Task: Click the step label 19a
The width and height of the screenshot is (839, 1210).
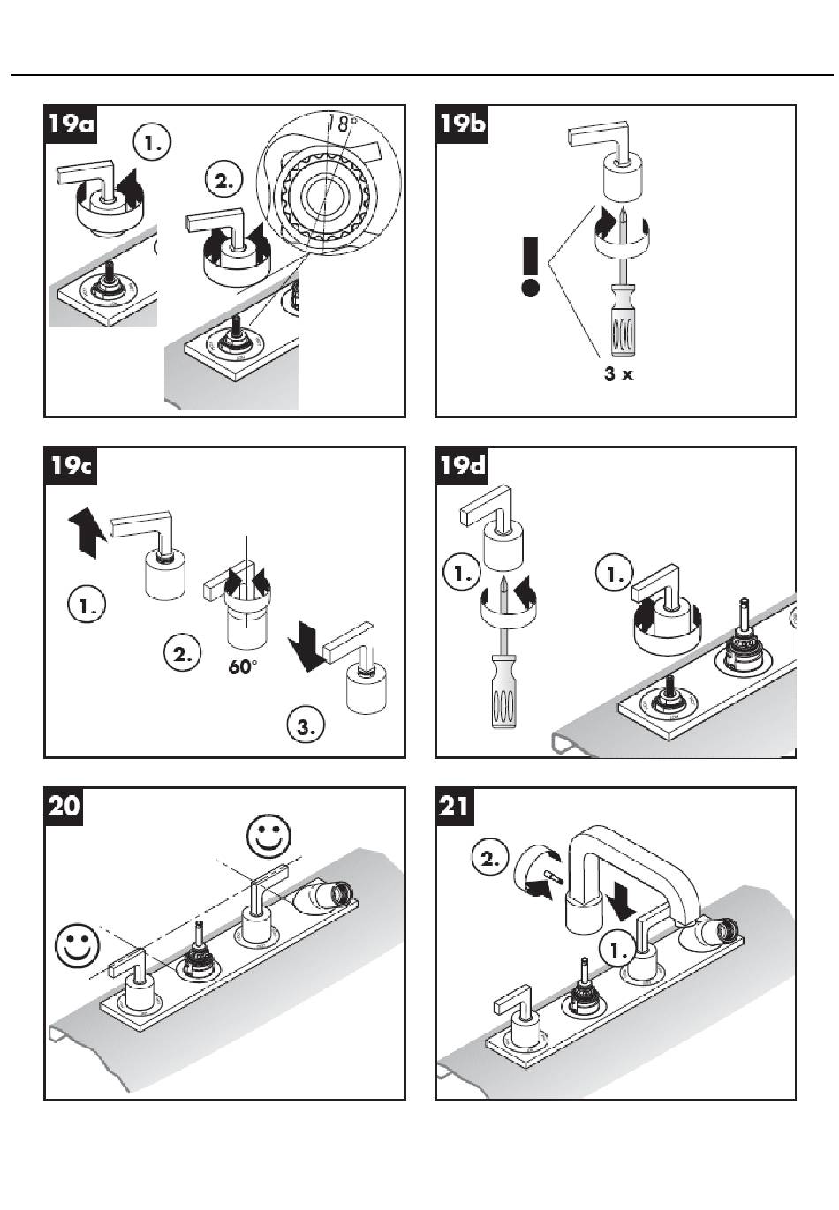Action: [71, 124]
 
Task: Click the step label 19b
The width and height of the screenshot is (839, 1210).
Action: [462, 124]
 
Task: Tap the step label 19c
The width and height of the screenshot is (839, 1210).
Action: [71, 466]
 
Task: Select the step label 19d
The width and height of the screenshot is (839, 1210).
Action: [462, 466]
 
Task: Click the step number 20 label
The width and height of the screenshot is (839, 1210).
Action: [64, 807]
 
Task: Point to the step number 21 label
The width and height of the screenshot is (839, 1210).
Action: [455, 807]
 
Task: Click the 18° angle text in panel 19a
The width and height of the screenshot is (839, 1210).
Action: [342, 124]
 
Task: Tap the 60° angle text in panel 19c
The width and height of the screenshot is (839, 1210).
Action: [241, 666]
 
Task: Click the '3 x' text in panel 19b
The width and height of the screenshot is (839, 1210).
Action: [618, 373]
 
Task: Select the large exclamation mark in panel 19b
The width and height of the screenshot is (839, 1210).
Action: [530, 266]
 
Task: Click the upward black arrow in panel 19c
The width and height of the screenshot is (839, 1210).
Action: [85, 532]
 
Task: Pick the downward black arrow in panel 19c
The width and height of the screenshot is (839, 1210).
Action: [306, 646]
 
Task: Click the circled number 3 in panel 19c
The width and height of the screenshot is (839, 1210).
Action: [306, 726]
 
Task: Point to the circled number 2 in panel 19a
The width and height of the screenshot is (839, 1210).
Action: [223, 180]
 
